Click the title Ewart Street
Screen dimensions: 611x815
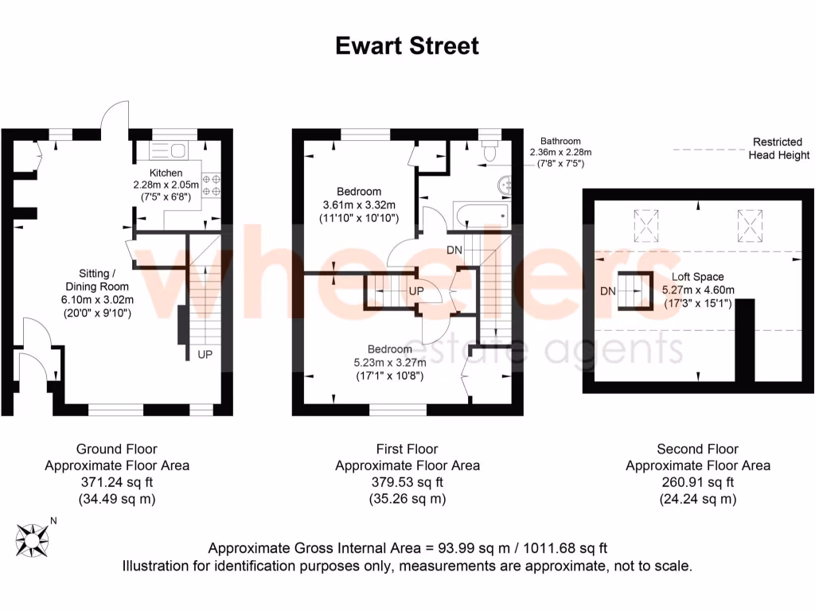click(407, 45)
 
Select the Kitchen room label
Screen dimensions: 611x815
click(166, 173)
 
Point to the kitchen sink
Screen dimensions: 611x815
click(167, 149)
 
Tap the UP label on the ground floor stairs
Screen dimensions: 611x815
click(205, 353)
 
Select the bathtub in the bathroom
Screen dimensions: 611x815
click(480, 214)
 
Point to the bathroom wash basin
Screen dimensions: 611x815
click(505, 185)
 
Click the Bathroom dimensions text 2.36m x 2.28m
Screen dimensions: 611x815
click(561, 152)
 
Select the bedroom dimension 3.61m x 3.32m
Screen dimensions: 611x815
click(359, 204)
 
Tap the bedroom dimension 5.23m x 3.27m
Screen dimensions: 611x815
click(390, 362)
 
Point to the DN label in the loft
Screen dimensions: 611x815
click(608, 290)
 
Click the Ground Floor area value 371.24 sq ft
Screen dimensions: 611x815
click(117, 482)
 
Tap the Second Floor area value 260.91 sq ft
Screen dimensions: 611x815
click(697, 482)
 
